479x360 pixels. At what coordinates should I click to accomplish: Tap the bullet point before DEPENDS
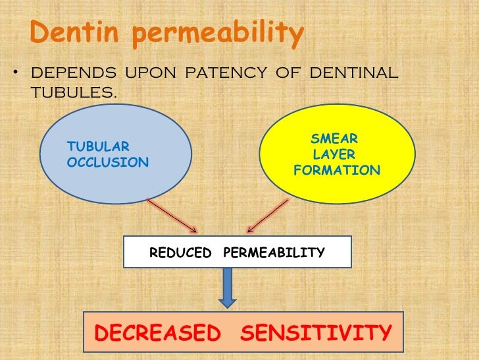(x=14, y=73)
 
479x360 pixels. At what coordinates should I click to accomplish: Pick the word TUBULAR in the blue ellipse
(x=99, y=146)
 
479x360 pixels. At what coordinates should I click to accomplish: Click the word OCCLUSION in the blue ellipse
(x=108, y=162)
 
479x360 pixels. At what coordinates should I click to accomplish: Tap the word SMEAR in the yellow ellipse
(x=334, y=139)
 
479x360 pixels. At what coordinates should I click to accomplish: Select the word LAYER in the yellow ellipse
(x=334, y=155)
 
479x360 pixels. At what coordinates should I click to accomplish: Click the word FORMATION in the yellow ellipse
(x=337, y=171)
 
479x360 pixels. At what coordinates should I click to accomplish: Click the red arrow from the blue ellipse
(x=172, y=216)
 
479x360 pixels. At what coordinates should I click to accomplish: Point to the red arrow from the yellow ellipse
(x=269, y=216)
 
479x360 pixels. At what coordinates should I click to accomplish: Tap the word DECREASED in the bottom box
(x=158, y=333)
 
